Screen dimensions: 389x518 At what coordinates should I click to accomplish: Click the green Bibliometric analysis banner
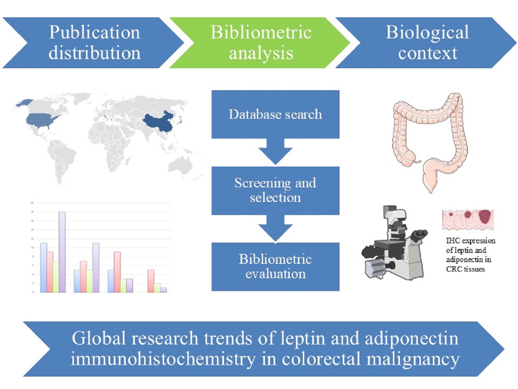click(261, 42)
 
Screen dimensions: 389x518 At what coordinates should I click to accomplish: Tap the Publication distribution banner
click(94, 42)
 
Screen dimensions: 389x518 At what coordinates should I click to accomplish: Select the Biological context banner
click(427, 42)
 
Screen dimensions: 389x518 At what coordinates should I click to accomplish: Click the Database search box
click(275, 114)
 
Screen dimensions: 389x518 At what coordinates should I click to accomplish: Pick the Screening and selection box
click(275, 190)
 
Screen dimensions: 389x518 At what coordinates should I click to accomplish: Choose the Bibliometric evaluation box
click(275, 266)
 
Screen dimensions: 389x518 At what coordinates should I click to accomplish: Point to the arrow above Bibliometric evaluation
click(275, 229)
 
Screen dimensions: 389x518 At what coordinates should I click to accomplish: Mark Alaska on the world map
click(23, 103)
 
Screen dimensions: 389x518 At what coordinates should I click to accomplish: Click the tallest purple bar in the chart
click(62, 252)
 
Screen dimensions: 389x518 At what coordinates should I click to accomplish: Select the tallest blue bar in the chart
click(43, 267)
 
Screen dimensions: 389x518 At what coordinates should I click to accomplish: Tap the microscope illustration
click(394, 244)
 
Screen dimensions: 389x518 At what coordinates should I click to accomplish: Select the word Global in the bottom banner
click(99, 338)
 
